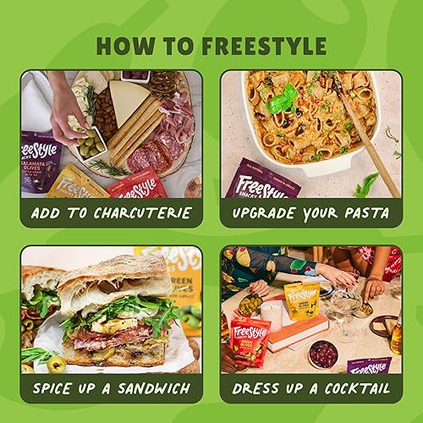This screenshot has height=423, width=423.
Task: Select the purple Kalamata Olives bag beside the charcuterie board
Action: click(39, 165)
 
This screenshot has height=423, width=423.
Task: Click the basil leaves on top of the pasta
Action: click(283, 102)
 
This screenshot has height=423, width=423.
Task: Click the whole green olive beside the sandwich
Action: click(57, 364)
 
